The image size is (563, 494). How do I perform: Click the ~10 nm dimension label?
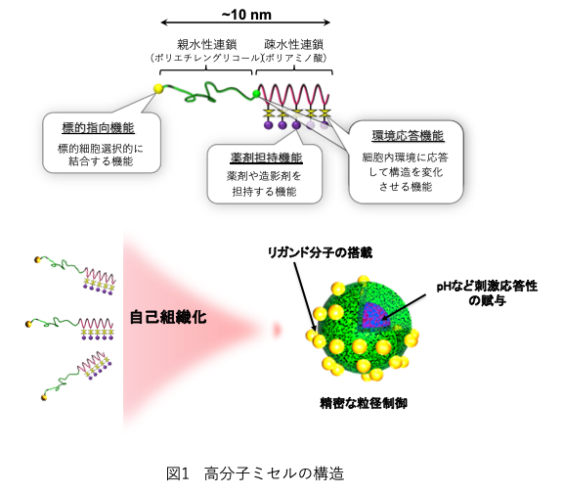(x=246, y=15)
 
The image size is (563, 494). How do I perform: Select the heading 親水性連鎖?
(x=207, y=44)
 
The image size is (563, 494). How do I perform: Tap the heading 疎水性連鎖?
(x=294, y=44)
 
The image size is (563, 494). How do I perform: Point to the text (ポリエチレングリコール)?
(x=206, y=58)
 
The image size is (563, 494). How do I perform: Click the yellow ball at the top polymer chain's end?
(x=158, y=88)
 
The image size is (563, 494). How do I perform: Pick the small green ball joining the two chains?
(x=256, y=94)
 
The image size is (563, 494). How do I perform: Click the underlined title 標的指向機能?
(x=98, y=128)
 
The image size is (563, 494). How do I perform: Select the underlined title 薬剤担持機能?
(x=266, y=157)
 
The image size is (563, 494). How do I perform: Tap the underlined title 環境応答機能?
(x=408, y=136)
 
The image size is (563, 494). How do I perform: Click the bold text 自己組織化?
(x=168, y=317)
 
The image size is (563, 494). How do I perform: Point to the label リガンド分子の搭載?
(x=320, y=253)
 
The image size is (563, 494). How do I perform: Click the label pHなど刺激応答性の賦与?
(x=487, y=292)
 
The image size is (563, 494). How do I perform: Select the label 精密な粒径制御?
(x=364, y=403)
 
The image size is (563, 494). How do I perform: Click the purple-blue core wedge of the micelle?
(x=374, y=316)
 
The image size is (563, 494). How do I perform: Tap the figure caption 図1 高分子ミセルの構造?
(x=255, y=473)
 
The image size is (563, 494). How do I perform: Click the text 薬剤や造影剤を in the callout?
(x=264, y=176)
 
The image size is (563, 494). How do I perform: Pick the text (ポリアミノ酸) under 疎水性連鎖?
(x=294, y=58)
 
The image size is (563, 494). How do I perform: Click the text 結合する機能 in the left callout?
(x=101, y=161)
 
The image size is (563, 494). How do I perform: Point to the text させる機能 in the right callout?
(x=406, y=187)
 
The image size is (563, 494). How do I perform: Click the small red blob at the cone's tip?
(x=277, y=329)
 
